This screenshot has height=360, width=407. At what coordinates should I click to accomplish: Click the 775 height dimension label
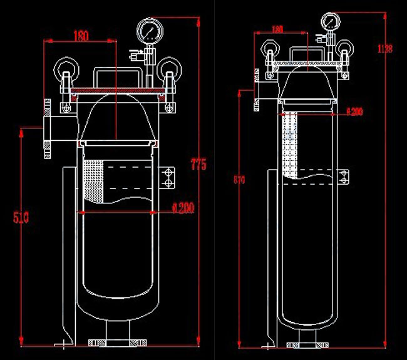pyautogui.click(x=199, y=165)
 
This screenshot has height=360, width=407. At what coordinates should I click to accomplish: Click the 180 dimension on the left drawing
pyautogui.click(x=81, y=36)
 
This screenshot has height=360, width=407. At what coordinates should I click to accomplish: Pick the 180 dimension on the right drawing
pyautogui.click(x=278, y=29)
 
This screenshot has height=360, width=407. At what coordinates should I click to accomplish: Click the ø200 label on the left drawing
pyautogui.click(x=182, y=208)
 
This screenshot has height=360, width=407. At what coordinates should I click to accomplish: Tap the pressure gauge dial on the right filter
pyautogui.click(x=330, y=21)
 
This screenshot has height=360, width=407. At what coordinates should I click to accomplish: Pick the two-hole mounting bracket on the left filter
pyautogui.click(x=168, y=176)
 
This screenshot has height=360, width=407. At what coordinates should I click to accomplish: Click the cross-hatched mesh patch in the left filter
pyautogui.click(x=93, y=180)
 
